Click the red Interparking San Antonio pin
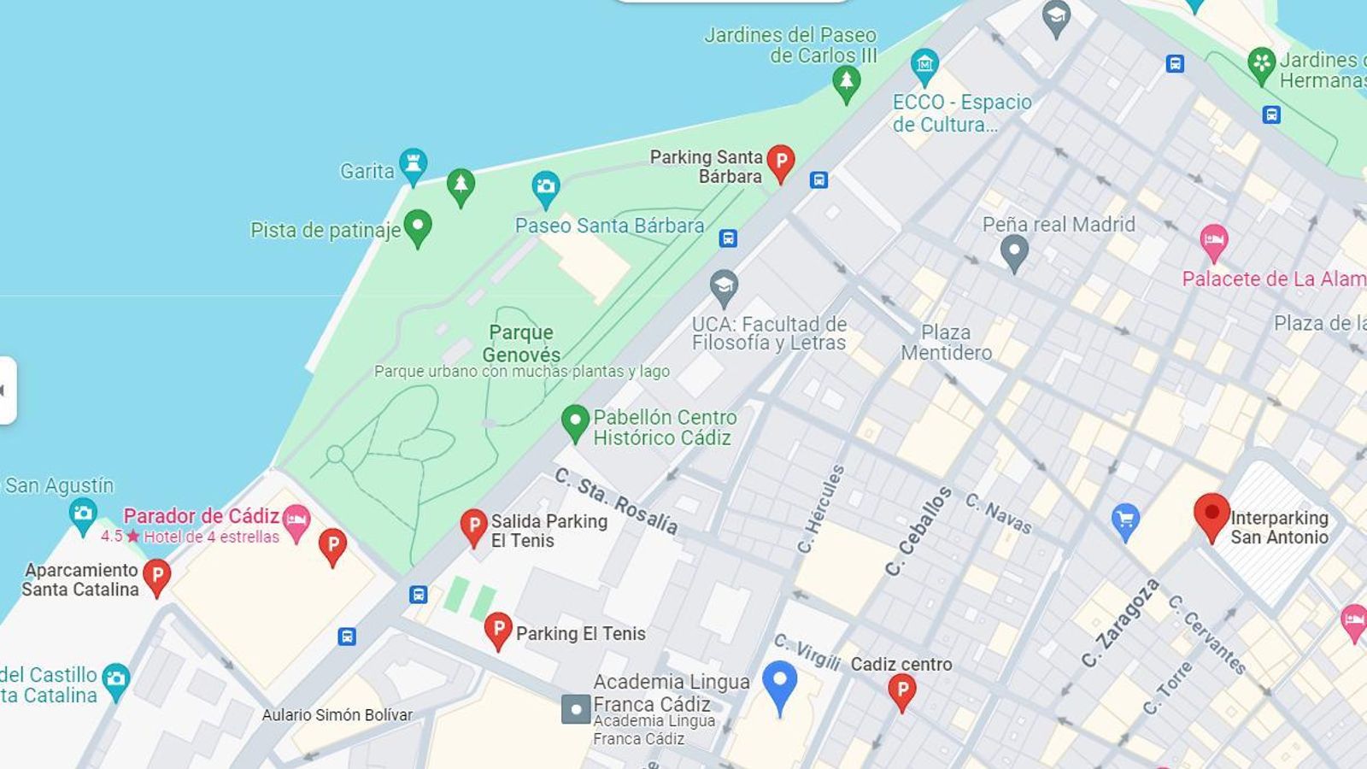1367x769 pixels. coord(1212,514)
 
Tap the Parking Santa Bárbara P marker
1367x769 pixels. coord(780,161)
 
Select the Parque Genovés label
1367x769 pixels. coord(521,343)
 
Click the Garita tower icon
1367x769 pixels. coord(414,165)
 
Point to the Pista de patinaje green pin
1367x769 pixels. coord(418,226)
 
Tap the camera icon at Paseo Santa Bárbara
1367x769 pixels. coord(545,187)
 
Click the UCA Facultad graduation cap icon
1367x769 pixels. coord(724,286)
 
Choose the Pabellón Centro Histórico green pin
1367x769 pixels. coord(575,421)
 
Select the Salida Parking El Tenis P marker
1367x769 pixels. coord(474,525)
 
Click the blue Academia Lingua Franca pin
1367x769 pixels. coord(779,684)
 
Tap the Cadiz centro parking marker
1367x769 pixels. coord(901,690)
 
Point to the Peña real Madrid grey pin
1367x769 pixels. coord(1014,251)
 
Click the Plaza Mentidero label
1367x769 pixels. coord(946,342)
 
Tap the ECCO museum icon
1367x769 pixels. coord(924,64)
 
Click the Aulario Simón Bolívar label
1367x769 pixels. coord(337,715)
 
